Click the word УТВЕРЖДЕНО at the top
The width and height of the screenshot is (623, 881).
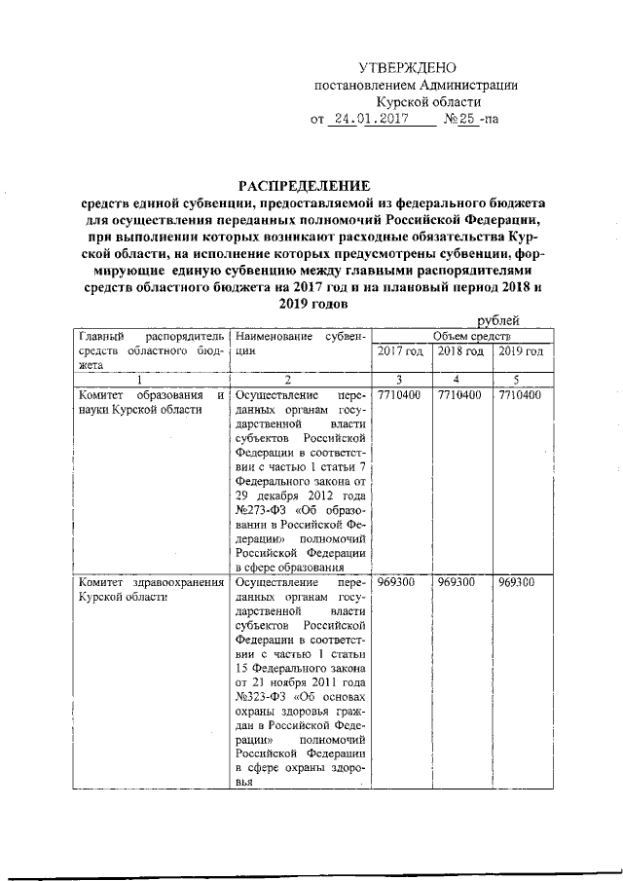pos(407,67)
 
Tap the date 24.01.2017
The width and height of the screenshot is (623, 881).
pos(365,120)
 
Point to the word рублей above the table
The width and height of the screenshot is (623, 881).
pos(497,320)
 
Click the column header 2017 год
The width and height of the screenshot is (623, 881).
pos(400,350)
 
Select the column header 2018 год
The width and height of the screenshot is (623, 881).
pos(460,350)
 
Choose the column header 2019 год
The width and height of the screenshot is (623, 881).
pos(521,350)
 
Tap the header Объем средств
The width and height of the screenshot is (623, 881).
pos(460,335)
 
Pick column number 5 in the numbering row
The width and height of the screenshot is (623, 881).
pos(521,380)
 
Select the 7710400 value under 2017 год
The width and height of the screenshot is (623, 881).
pos(400,395)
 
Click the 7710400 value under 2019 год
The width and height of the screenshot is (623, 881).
pos(521,395)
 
